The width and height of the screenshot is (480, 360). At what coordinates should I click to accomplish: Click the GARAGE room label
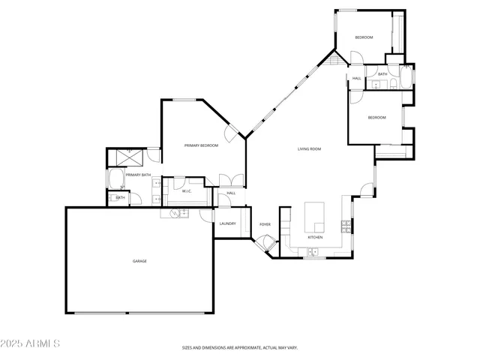tap(139, 261)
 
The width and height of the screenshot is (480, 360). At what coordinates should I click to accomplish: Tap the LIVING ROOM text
tap(309, 149)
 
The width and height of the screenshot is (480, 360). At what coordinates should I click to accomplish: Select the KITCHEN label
tap(315, 238)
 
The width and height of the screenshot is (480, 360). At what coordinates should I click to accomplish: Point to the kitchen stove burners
tap(346, 224)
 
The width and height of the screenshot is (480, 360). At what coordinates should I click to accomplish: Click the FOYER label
tap(265, 224)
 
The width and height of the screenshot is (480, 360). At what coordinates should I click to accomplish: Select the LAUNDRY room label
tap(228, 223)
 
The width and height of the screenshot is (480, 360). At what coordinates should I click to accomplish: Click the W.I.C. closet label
tap(187, 191)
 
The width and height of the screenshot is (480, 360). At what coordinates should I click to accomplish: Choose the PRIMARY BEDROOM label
tap(201, 145)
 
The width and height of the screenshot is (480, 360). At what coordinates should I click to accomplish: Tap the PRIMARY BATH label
tap(138, 175)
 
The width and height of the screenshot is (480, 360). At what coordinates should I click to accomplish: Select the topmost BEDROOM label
tap(364, 37)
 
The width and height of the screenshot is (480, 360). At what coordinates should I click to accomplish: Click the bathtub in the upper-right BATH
tap(404, 78)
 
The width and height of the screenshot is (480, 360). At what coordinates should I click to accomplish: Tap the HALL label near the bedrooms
tap(356, 78)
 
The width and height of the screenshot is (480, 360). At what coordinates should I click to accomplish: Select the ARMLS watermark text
tap(30, 343)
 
